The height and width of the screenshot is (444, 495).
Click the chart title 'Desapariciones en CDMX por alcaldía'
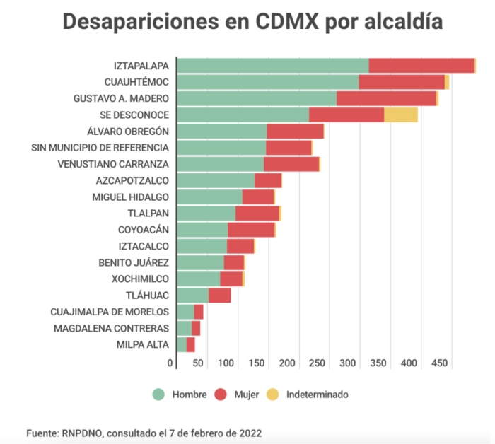pos(252,22)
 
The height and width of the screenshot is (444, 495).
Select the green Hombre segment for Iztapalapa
pos(272,65)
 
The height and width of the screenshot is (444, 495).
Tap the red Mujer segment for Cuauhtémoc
pos(401,82)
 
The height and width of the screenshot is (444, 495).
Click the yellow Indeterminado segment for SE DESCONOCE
pos(400,115)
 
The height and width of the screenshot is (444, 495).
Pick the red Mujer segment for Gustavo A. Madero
pos(386,98)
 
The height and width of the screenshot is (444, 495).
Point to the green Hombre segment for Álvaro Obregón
pos(221,131)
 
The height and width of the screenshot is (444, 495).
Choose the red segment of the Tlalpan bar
pos(257,213)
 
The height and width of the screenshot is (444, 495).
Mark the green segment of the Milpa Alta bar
pos(182,344)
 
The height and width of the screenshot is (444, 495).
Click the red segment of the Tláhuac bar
pos(219,295)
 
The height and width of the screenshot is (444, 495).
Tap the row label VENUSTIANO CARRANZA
pos(112,164)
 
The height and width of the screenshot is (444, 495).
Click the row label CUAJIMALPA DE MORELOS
pos(110,312)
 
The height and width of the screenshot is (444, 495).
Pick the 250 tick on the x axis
pos(317,363)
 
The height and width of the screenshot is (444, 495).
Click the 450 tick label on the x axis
pos(439,363)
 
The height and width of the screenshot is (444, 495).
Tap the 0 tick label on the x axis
pos(170,363)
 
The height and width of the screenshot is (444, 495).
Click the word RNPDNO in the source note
pos(81,432)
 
